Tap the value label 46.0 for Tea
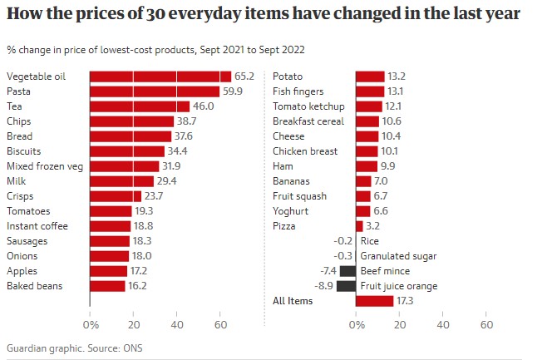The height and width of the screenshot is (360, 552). [x=204, y=106]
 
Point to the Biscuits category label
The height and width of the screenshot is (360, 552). [x=24, y=151]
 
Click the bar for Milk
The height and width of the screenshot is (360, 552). [x=121, y=181]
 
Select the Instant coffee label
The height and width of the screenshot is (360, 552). [x=37, y=226]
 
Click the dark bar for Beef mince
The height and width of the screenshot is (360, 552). [x=347, y=271]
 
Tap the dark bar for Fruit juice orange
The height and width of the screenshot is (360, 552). [x=346, y=286]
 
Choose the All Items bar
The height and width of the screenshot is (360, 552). [x=374, y=301]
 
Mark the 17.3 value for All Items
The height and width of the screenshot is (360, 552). [x=407, y=301]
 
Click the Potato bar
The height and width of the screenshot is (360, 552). [x=370, y=76]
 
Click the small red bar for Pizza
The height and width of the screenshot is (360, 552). [x=359, y=226]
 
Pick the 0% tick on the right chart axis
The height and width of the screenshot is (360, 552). [x=357, y=323]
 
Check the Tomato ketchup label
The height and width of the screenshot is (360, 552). [x=308, y=106]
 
